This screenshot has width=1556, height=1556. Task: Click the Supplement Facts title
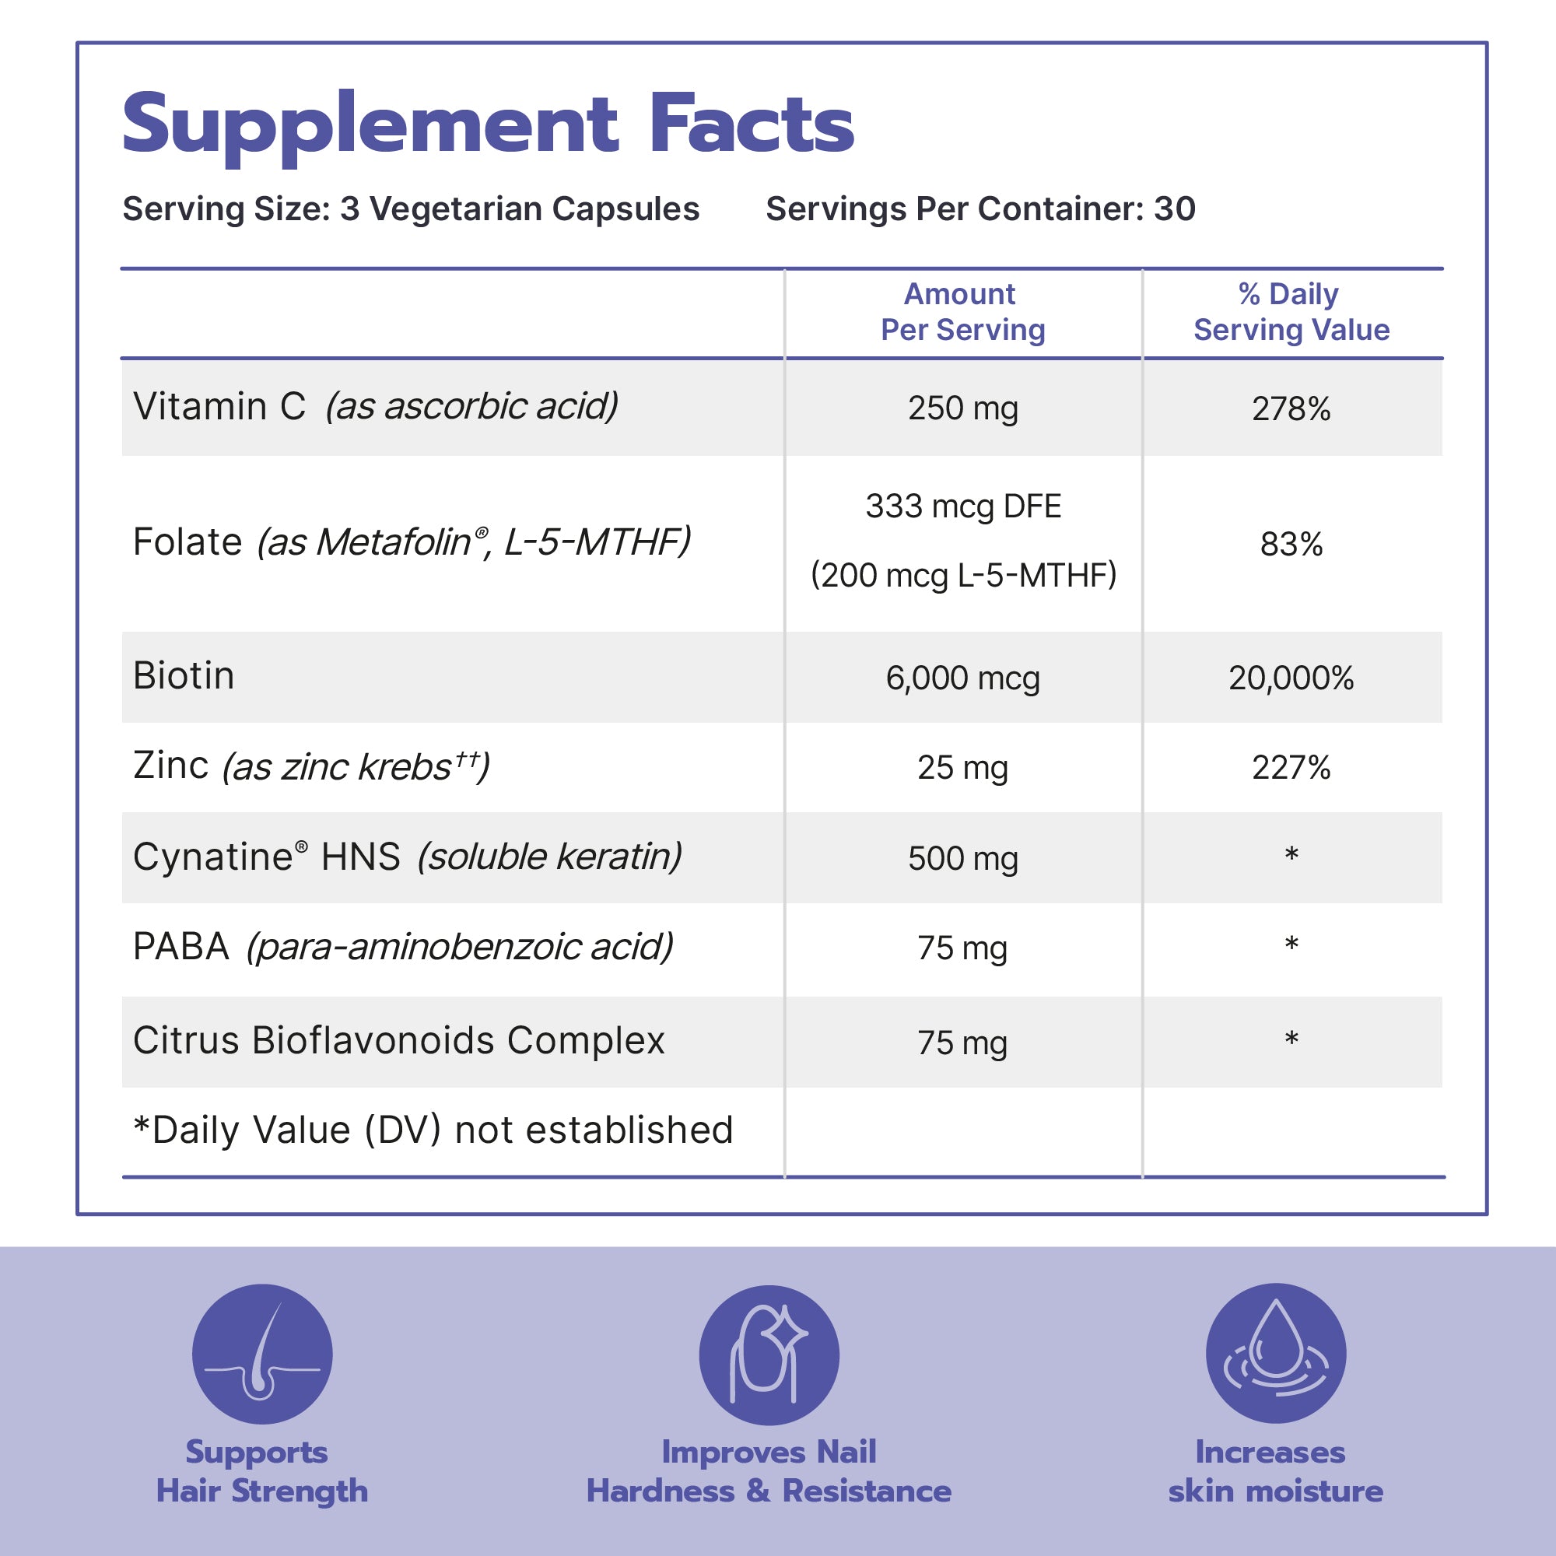(487, 124)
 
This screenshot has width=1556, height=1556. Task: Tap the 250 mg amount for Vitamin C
(962, 408)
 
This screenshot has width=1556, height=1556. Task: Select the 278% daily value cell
(1290, 409)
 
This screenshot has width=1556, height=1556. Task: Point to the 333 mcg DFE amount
(962, 506)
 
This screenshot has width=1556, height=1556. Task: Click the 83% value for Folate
(1290, 545)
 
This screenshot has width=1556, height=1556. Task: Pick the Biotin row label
(184, 676)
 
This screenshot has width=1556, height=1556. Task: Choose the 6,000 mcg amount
(962, 678)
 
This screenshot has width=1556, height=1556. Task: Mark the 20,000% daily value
(1290, 678)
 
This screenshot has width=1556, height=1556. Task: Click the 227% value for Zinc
(1290, 768)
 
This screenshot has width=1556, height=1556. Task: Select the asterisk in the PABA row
(1291, 944)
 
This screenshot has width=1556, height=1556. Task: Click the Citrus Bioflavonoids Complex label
(398, 1040)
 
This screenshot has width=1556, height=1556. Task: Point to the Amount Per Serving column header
(962, 312)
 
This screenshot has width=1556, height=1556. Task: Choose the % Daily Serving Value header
(1290, 312)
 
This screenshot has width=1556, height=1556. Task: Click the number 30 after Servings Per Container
(1174, 209)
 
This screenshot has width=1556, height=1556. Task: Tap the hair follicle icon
(261, 1354)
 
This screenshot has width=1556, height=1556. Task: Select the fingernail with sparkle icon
(769, 1354)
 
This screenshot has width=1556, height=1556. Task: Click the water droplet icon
(1275, 1353)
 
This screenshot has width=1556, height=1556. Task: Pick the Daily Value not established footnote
(433, 1130)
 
